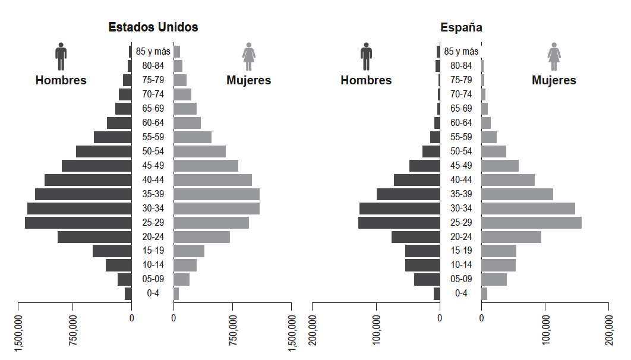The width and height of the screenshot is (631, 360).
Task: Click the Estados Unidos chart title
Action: (x=153, y=27)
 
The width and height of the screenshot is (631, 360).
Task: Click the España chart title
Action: (x=461, y=27)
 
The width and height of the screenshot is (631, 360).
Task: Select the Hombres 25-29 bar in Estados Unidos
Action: (x=78, y=223)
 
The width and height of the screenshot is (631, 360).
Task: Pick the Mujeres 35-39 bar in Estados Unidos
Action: (x=216, y=194)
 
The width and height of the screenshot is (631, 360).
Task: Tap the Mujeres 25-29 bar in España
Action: (x=531, y=223)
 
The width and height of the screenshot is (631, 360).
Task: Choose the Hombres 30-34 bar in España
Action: (x=399, y=209)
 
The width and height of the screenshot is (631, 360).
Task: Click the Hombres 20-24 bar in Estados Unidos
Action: (x=94, y=237)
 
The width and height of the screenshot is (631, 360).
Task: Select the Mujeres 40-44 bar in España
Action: (x=508, y=180)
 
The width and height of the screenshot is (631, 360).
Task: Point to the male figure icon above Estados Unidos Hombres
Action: (x=61, y=56)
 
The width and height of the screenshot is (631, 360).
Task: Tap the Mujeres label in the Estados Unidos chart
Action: (x=248, y=80)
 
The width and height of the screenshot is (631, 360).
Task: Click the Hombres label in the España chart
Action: (x=366, y=80)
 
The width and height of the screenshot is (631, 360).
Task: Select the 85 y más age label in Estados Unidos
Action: (x=153, y=52)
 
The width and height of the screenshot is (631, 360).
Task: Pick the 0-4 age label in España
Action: (x=460, y=293)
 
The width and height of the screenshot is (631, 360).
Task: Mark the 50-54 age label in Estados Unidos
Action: (x=153, y=151)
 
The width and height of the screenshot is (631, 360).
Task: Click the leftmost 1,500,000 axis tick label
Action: (x=18, y=333)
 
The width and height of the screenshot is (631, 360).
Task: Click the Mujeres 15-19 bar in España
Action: (x=499, y=251)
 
